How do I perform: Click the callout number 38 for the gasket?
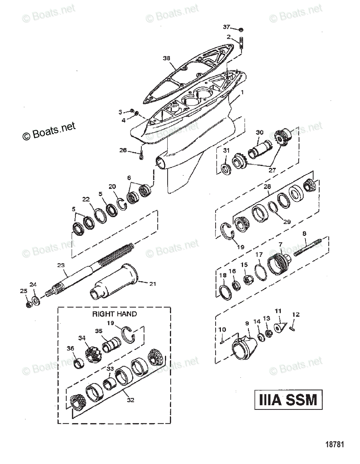pos(166,58)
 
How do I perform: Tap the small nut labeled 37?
pos(241,29)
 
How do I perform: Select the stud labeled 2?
pos(242,42)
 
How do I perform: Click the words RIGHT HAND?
pos(114,314)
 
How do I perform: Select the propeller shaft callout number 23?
pos(61,265)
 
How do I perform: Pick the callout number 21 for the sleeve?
pos(153,284)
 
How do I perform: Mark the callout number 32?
pos(131,400)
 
